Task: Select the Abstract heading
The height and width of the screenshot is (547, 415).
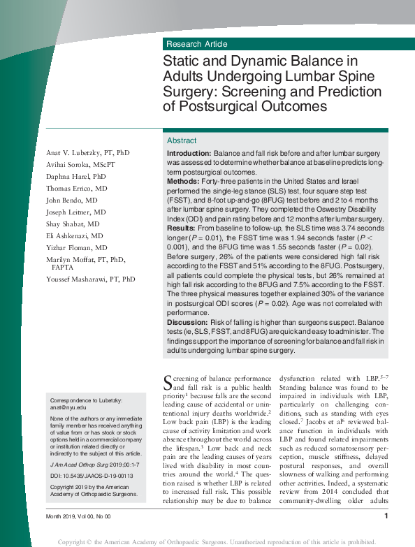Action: click(x=182, y=140)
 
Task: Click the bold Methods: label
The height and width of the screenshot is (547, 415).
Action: click(x=183, y=181)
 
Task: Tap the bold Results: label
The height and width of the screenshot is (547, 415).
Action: click(x=181, y=228)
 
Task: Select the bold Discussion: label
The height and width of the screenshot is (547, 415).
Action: click(x=187, y=321)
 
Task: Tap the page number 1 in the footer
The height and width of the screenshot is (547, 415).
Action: click(x=386, y=516)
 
